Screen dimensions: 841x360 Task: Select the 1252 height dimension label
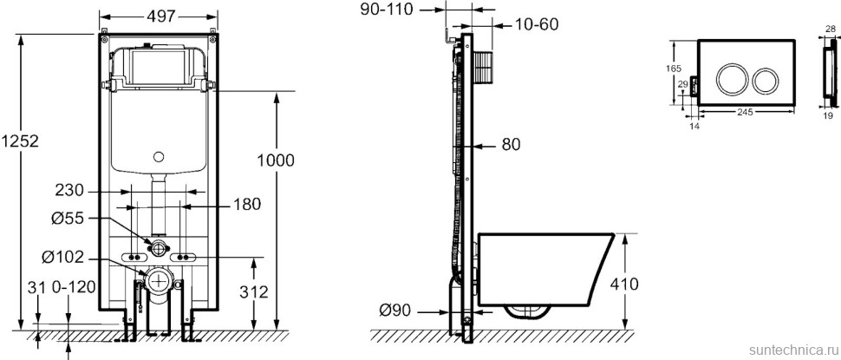[x=19, y=141]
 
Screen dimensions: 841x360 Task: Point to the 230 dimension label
[x=69, y=191]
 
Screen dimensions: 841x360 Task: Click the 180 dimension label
[x=246, y=204]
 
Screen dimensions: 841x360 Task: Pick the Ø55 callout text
[x=68, y=219]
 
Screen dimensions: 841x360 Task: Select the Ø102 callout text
[x=64, y=258]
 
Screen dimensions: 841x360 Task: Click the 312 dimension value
[x=253, y=291]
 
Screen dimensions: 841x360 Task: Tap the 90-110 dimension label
[x=387, y=10]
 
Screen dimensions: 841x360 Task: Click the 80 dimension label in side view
[x=512, y=144]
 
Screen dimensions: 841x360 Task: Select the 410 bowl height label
[x=623, y=284]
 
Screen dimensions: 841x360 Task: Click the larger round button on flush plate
[x=731, y=80]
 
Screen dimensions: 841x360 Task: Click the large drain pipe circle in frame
[x=158, y=280]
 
